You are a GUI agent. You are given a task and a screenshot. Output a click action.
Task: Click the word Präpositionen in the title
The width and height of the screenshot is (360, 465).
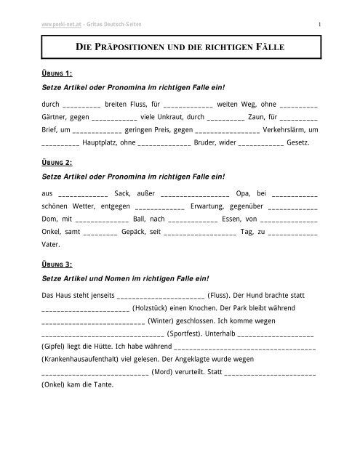(x=132, y=49)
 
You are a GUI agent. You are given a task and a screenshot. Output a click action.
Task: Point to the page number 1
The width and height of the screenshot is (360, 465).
(x=319, y=8)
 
